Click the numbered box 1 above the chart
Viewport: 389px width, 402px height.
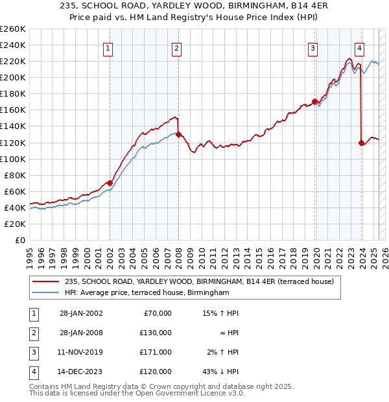pyautogui.click(x=108, y=47)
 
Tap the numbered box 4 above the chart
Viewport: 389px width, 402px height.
pyautogui.click(x=359, y=47)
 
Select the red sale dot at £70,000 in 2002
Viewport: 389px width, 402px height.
pyautogui.click(x=110, y=183)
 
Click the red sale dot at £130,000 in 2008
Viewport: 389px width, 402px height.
pyautogui.click(x=178, y=134)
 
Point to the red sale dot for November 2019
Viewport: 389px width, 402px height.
pyautogui.click(x=314, y=101)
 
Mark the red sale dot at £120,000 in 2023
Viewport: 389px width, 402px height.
pyautogui.click(x=361, y=143)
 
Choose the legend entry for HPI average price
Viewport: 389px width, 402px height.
pyautogui.click(x=147, y=293)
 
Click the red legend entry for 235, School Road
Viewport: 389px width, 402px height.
pyautogui.click(x=199, y=281)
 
